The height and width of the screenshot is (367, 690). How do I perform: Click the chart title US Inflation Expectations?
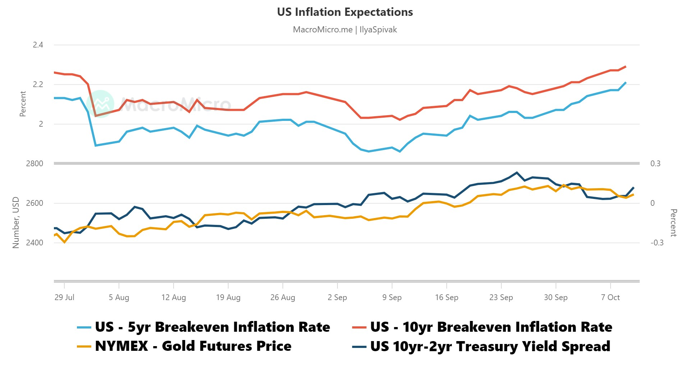coord(345,12)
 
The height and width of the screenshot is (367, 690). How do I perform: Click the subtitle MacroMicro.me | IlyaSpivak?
coord(345,30)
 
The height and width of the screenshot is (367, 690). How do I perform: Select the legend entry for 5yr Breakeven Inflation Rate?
coord(212,327)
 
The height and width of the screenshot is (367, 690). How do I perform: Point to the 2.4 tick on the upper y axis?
coord(38,45)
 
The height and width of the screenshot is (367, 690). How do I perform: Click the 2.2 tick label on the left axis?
coord(38,85)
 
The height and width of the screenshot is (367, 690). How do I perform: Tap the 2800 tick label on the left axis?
coord(34,164)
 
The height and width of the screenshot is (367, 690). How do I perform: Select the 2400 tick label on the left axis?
coord(34,243)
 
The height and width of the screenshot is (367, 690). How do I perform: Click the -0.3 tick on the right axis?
coord(657,243)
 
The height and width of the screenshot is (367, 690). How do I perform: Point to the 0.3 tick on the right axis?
coord(655,164)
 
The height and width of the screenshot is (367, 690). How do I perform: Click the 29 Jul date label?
coord(64,298)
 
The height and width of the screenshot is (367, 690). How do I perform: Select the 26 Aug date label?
coord(283,298)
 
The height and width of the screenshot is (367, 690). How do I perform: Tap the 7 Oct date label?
coord(610,298)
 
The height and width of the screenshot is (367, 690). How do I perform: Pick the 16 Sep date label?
coord(447,298)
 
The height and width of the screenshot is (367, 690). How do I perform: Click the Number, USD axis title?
coord(15,222)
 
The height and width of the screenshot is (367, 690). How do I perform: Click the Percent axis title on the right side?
coord(673,223)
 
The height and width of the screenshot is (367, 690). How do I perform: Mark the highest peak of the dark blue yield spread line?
coord(517,173)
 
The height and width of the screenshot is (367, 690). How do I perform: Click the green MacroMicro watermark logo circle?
coord(101,104)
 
